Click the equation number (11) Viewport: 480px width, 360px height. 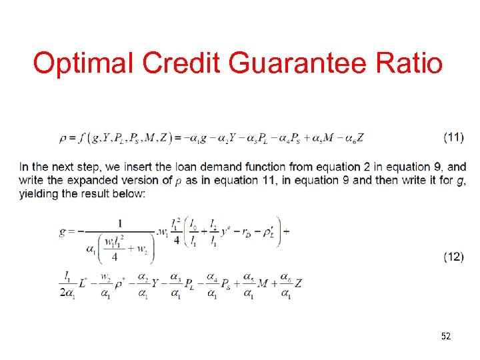tap(453, 137)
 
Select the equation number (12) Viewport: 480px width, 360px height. tap(453, 257)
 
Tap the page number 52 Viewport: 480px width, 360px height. tap(445, 336)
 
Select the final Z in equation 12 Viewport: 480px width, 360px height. tap(299, 283)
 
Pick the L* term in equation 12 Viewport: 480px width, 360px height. tap(81, 283)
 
